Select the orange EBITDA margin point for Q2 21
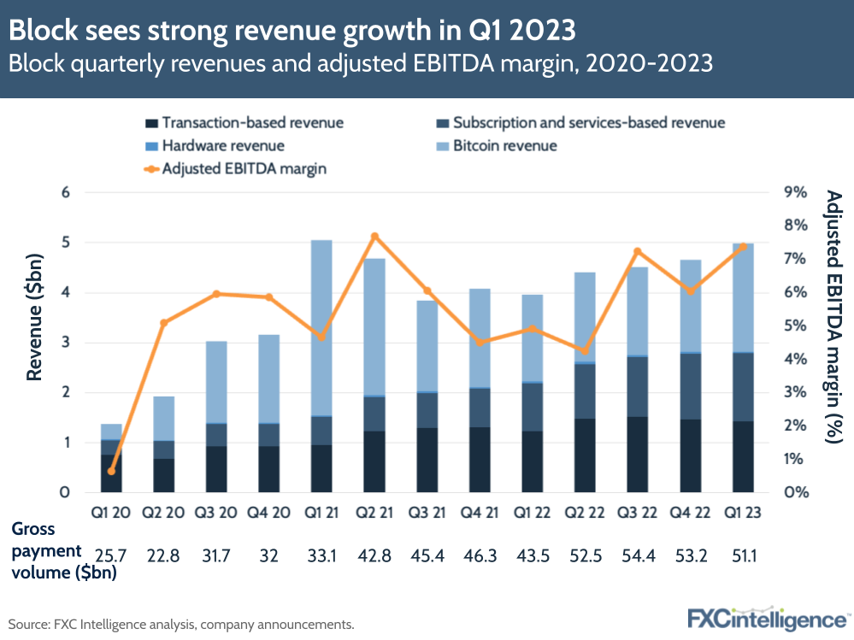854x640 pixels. (374, 237)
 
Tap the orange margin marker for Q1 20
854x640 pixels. (111, 471)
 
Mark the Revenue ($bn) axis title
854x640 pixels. (34, 316)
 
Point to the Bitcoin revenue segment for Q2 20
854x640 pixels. (163, 418)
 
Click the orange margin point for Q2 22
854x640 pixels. (584, 351)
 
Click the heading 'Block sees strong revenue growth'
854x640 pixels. (291, 31)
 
